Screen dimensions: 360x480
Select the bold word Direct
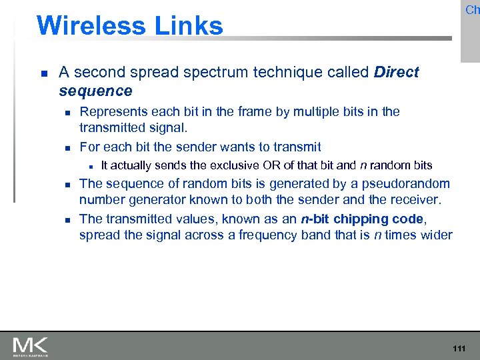click(x=397, y=72)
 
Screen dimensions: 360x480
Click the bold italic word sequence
click(x=95, y=90)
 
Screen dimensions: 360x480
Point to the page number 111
click(x=459, y=349)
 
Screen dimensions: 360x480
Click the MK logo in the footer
click(x=31, y=346)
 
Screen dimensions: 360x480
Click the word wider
click(x=436, y=235)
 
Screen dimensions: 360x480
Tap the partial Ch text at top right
click(x=472, y=10)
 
